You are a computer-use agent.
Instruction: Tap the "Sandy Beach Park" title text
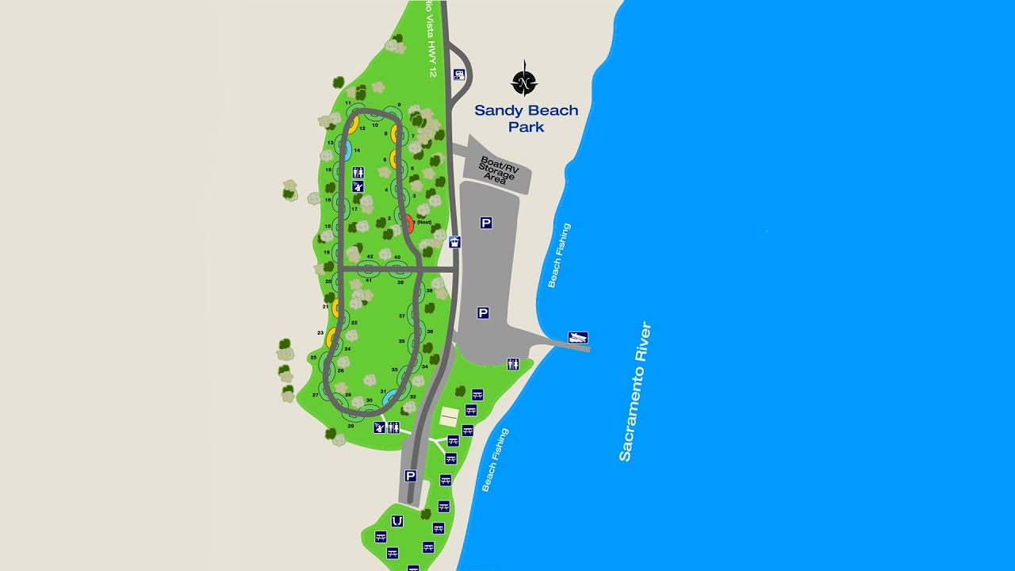pos(527,118)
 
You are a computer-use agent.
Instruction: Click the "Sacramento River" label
pos(635,391)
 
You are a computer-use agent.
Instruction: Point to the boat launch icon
pos(578,338)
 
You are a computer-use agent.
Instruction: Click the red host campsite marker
pos(408,222)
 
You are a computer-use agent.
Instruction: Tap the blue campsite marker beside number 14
pos(347,149)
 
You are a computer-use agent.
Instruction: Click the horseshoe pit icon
pos(397,521)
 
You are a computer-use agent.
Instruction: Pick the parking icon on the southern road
pos(410,476)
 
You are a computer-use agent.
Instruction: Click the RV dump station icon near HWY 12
pos(458,75)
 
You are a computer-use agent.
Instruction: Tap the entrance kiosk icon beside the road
pos(454,242)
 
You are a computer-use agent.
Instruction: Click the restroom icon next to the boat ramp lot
pos(513,364)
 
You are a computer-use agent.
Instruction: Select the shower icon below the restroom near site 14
pos(358,187)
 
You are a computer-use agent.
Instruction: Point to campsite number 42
pos(370,257)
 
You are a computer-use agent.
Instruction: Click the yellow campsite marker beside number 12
pos(353,125)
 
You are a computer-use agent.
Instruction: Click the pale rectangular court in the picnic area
pos(449,415)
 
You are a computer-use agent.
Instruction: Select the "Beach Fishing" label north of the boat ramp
pos(558,255)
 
